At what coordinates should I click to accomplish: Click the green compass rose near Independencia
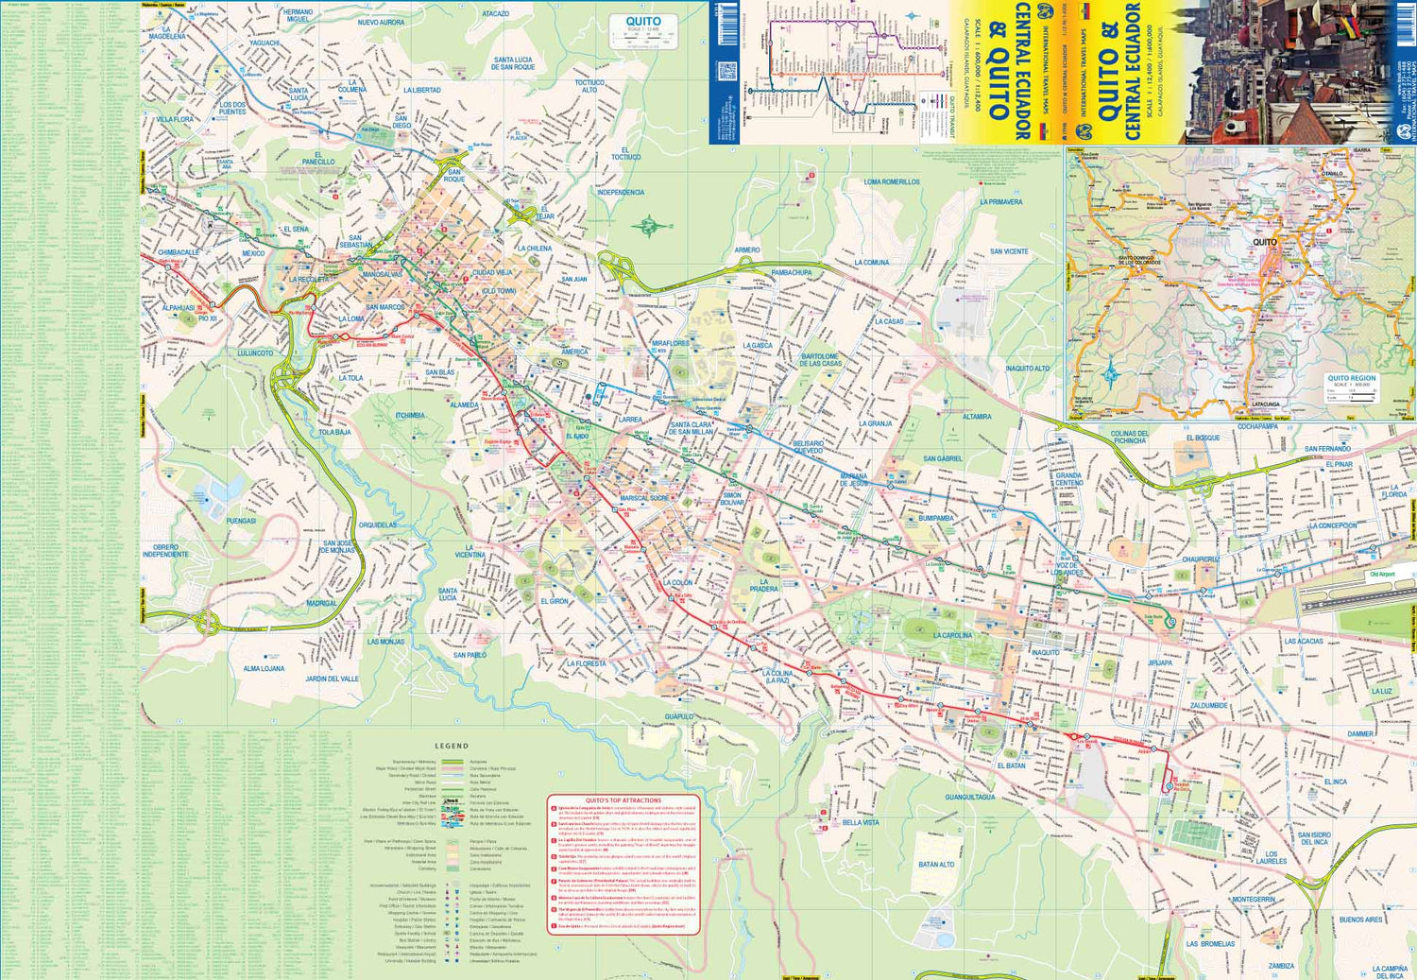(649, 226)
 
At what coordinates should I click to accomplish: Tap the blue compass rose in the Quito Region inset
(1110, 370)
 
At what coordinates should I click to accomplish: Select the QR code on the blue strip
(726, 72)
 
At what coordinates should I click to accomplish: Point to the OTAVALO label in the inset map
(1332, 174)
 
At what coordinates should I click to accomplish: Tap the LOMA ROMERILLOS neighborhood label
(891, 181)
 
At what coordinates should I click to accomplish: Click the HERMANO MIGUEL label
(298, 15)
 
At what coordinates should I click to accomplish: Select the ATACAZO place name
(495, 14)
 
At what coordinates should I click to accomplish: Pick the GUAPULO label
(678, 716)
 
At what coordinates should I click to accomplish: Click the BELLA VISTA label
(860, 822)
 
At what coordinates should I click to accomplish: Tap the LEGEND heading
(451, 746)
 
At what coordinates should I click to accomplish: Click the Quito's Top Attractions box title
(623, 800)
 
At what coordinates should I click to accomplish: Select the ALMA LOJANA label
(264, 668)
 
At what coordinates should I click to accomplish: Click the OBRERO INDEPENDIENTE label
(165, 550)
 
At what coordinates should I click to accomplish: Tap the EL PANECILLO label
(318, 158)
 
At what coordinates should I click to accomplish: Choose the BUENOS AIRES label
(1360, 919)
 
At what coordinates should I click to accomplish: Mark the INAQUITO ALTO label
(1027, 369)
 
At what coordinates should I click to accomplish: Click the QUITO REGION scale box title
(1351, 378)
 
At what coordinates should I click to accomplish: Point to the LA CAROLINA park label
(952, 635)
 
